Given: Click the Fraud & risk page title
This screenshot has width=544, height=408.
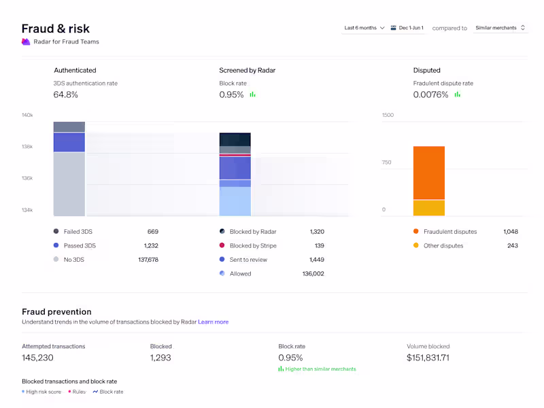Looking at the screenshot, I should (x=55, y=29).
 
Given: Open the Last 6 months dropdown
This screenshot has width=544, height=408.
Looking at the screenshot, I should (x=364, y=28).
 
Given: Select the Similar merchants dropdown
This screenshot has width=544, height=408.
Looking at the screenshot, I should (x=500, y=28).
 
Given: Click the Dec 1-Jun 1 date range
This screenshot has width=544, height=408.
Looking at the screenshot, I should (x=407, y=28).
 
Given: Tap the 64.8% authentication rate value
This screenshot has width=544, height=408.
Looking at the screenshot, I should (x=66, y=95).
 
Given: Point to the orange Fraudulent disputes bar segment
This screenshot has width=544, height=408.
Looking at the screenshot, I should (x=428, y=173).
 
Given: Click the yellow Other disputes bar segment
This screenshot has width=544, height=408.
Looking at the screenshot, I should (x=428, y=207).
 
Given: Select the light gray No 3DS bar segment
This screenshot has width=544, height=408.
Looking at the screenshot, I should (x=69, y=184).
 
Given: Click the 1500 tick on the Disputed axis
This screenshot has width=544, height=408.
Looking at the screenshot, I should (x=388, y=115).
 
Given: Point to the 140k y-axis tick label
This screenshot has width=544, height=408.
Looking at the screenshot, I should (x=27, y=115).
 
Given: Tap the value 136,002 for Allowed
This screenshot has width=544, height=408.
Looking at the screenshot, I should (x=313, y=273).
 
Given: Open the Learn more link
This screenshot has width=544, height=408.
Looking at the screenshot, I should (x=213, y=322).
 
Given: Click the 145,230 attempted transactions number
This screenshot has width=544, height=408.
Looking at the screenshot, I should (x=37, y=358).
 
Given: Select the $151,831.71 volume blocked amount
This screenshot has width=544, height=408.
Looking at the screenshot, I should (x=428, y=358).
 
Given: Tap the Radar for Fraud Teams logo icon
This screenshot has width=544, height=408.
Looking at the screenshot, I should (x=26, y=42).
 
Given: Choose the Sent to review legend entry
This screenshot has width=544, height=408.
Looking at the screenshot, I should (x=248, y=260).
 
